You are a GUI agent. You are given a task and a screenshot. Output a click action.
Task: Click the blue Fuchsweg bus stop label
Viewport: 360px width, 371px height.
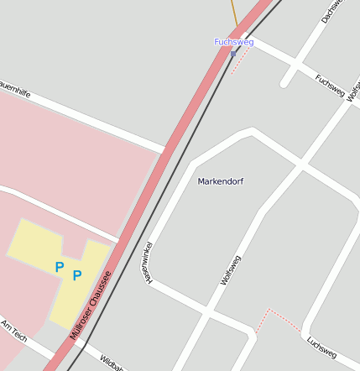[233, 41]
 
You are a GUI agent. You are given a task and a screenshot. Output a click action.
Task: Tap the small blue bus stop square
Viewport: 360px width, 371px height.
[233, 54]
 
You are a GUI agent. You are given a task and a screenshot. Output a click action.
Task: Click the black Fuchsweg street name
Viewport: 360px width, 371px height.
[330, 85]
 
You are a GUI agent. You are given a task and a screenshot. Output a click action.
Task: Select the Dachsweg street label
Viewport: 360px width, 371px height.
[331, 12]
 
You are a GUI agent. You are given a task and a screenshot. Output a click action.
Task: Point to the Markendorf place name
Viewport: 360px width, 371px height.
[221, 181]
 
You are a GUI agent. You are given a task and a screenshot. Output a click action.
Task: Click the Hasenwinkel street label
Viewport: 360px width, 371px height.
[149, 262]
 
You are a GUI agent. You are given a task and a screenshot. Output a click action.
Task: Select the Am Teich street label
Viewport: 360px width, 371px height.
[14, 330]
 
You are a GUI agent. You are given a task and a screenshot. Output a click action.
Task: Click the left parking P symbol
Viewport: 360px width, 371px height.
[59, 267]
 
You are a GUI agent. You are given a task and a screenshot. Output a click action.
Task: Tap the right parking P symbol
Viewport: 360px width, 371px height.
[77, 275]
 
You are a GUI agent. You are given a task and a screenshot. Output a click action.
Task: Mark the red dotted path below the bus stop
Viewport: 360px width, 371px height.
[240, 60]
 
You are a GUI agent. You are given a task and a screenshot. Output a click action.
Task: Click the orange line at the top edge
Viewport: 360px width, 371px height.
[234, 12]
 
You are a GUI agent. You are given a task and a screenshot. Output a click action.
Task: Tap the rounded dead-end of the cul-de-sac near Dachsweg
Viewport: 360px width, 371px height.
[285, 83]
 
